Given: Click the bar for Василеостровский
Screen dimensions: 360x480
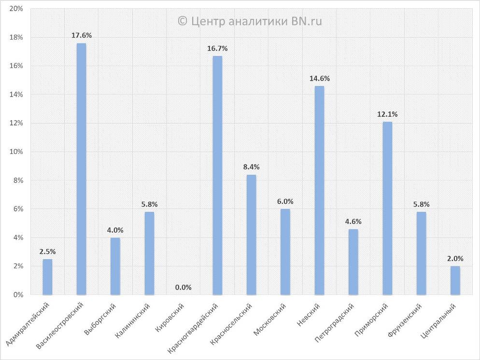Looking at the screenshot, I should pos(81,169).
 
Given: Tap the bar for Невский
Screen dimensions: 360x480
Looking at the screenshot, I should pos(319,190).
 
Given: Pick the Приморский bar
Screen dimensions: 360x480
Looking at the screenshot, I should pos(387,208).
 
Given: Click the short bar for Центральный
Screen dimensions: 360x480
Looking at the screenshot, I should pos(455,280).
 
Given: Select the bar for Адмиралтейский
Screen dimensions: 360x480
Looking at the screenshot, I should pos(47,277).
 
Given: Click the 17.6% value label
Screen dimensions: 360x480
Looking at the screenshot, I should pos(81,36).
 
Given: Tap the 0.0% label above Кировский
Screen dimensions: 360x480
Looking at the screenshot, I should pos(183,288).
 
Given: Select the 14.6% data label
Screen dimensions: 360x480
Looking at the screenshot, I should pos(319,79).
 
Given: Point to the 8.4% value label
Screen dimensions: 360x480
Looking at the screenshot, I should pos(251,167).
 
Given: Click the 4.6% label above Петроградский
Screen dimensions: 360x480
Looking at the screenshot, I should pos(353,222).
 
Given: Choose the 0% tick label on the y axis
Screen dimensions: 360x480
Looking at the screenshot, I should pos(18,295).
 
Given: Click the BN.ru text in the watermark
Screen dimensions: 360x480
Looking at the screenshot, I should pos(306,21).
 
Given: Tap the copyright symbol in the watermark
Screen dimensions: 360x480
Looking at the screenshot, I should pos(182,21).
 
